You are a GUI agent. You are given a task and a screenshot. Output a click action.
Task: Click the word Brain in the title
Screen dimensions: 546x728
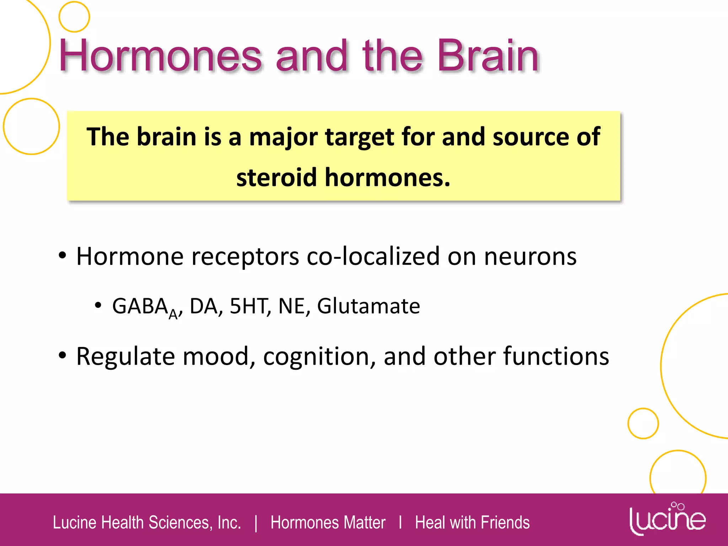point(488,56)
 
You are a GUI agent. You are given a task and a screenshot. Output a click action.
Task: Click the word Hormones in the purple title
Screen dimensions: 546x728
point(160,56)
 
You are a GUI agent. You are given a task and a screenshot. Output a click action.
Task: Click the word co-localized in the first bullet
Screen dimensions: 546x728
point(373,256)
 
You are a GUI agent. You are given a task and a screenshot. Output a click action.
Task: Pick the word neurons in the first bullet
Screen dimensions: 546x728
point(530,257)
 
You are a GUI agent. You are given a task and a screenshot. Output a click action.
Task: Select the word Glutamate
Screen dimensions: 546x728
point(368,306)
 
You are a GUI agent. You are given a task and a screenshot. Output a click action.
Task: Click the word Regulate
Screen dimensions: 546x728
point(125,357)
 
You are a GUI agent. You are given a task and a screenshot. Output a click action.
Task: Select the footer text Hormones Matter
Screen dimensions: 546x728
point(328,523)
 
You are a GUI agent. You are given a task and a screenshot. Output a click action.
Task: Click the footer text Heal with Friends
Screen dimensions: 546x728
point(472,523)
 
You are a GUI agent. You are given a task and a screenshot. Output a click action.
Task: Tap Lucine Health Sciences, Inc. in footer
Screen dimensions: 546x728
point(147,523)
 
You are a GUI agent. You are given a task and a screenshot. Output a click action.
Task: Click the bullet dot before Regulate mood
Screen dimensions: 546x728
point(63,355)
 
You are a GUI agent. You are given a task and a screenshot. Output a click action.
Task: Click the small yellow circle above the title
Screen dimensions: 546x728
point(74,17)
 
